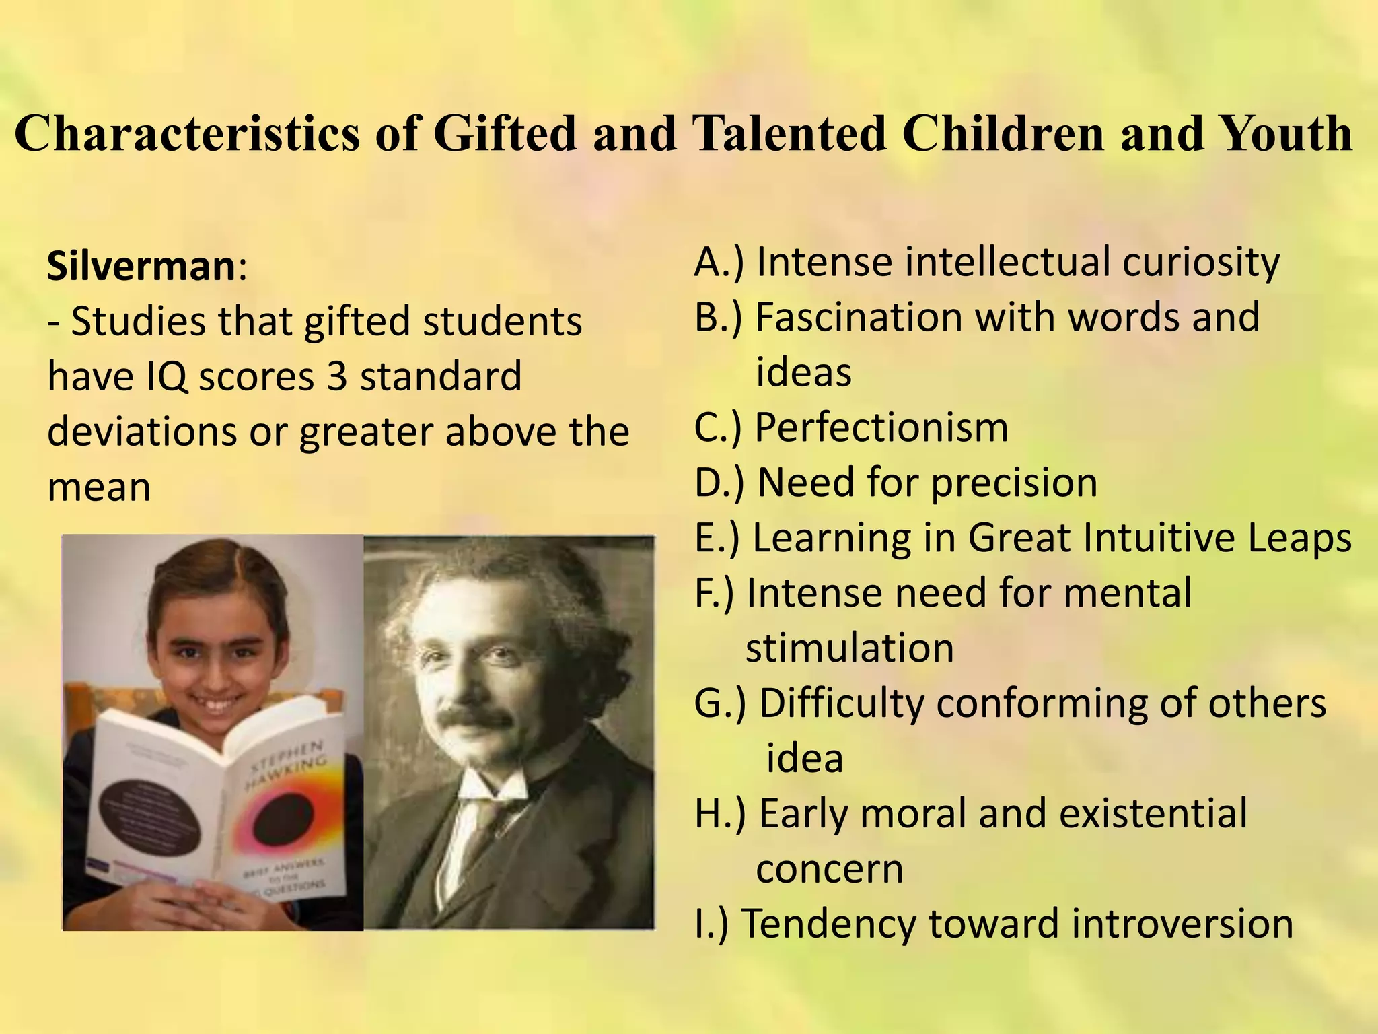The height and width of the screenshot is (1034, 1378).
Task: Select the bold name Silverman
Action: tap(141, 267)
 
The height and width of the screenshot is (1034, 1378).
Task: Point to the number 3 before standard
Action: tap(336, 376)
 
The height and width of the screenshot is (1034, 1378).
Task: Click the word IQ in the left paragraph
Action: tap(168, 376)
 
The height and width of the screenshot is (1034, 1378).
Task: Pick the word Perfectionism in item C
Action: tap(881, 427)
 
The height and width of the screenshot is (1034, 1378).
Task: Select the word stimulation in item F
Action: tap(850, 648)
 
